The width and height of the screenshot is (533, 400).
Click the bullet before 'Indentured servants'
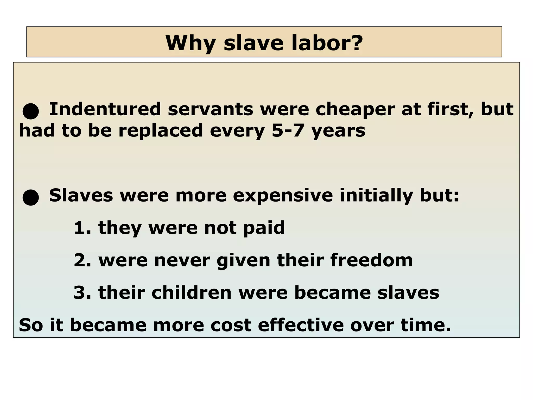(31, 111)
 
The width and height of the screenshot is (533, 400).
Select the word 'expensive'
(283, 195)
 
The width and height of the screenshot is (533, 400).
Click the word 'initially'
(376, 195)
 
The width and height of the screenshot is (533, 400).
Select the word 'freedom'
(371, 260)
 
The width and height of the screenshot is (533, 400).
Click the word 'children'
(192, 292)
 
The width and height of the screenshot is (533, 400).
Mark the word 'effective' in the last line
(301, 325)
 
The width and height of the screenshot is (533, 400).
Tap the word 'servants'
(211, 109)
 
